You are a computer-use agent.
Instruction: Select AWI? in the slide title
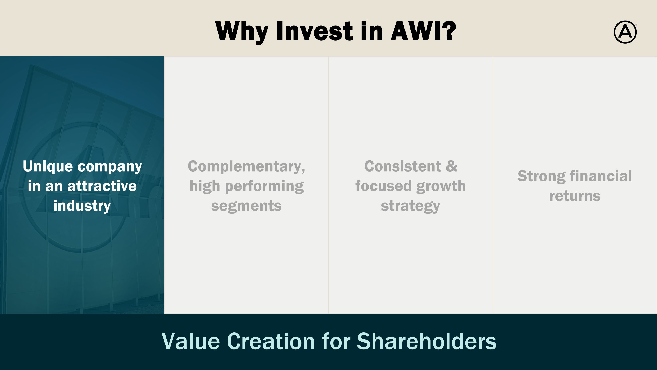(423, 31)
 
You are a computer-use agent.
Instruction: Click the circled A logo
(625, 32)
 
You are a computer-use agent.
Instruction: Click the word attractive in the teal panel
(102, 186)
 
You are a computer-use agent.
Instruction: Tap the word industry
(82, 206)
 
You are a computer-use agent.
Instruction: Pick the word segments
(246, 206)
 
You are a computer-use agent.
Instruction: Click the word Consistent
(403, 166)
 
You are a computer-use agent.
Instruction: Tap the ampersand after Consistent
(451, 166)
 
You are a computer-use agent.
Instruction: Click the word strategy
(410, 206)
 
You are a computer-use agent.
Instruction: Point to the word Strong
(541, 176)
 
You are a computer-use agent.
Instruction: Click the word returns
(575, 196)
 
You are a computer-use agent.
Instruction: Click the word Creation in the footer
(271, 341)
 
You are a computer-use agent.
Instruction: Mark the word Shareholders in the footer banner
(426, 341)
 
